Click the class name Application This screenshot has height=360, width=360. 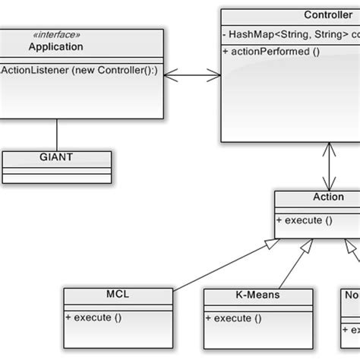pos(55,47)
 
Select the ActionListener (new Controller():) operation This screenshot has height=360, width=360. pos(81,71)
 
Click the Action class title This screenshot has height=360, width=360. pos(327,197)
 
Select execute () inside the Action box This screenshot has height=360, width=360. pos(304,220)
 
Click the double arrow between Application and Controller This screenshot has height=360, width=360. pos(192,74)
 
